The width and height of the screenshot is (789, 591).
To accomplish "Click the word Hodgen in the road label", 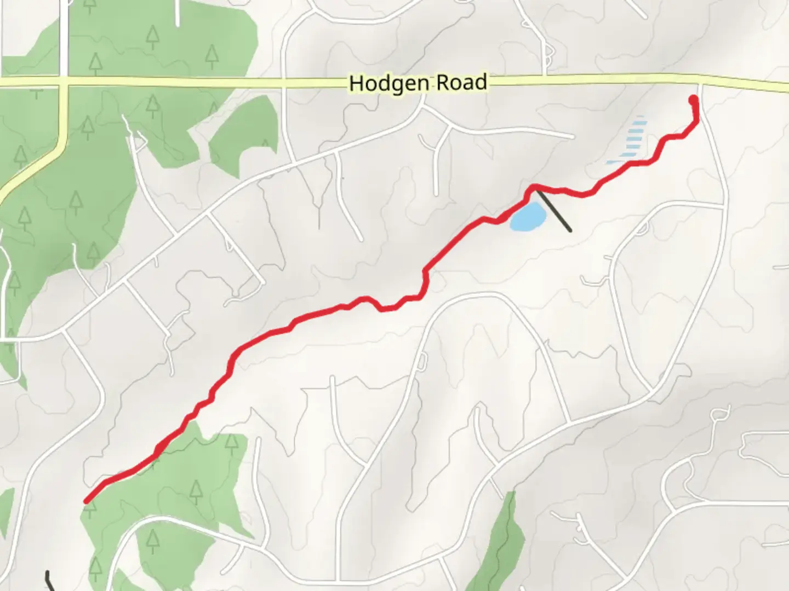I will pos(391,84).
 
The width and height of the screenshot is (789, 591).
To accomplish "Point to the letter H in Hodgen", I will pos(356,84).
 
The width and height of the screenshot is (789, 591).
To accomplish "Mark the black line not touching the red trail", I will pos(50,581).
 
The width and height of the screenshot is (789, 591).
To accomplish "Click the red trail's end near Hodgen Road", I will pos(693,99).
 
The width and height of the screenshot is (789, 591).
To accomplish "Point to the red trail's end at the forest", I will pos(86,500).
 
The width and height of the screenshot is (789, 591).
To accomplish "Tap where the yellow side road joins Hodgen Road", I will pos(65,82).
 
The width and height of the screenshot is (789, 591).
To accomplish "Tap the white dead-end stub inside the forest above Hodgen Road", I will pos(177,13).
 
